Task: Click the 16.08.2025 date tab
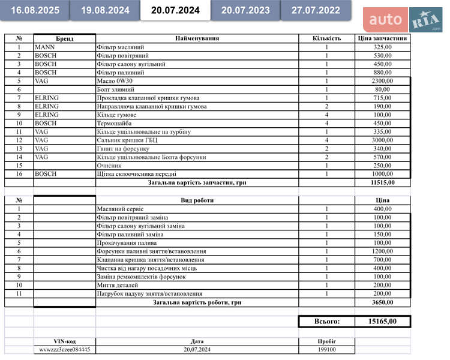(x=35, y=10)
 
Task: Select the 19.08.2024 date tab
(x=105, y=10)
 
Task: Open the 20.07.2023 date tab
(x=245, y=10)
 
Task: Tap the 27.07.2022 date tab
(x=316, y=10)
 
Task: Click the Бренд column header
(x=64, y=38)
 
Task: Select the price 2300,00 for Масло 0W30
(x=382, y=81)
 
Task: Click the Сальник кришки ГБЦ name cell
(x=126, y=140)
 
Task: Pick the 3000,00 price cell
(x=382, y=140)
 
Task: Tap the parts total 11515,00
(x=382, y=182)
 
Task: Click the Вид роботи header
(x=197, y=200)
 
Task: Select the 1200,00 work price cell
(x=382, y=251)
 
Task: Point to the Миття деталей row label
(x=117, y=285)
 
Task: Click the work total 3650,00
(x=382, y=302)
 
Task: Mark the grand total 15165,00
(x=382, y=322)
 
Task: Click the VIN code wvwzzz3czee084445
(x=65, y=349)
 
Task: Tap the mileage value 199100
(x=326, y=349)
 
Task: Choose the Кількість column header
(x=326, y=38)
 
